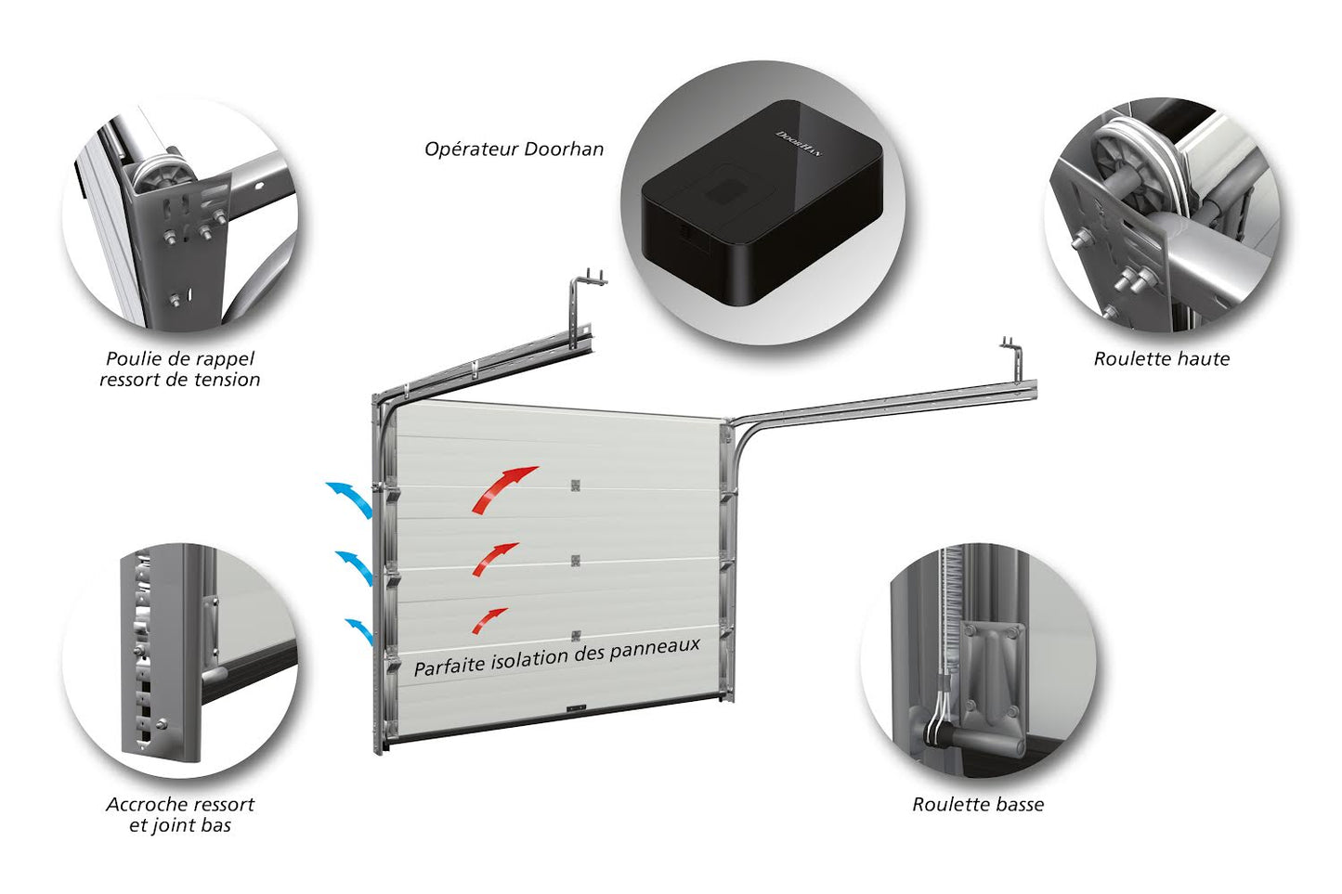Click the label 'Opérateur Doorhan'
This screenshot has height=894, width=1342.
tap(514, 149)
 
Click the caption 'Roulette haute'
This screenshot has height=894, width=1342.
tap(1161, 359)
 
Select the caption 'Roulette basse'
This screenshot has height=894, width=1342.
tap(977, 805)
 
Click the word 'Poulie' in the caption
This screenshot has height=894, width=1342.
tap(131, 359)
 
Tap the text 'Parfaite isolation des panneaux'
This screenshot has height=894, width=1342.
tap(556, 655)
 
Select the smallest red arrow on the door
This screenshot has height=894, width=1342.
tap(489, 620)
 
